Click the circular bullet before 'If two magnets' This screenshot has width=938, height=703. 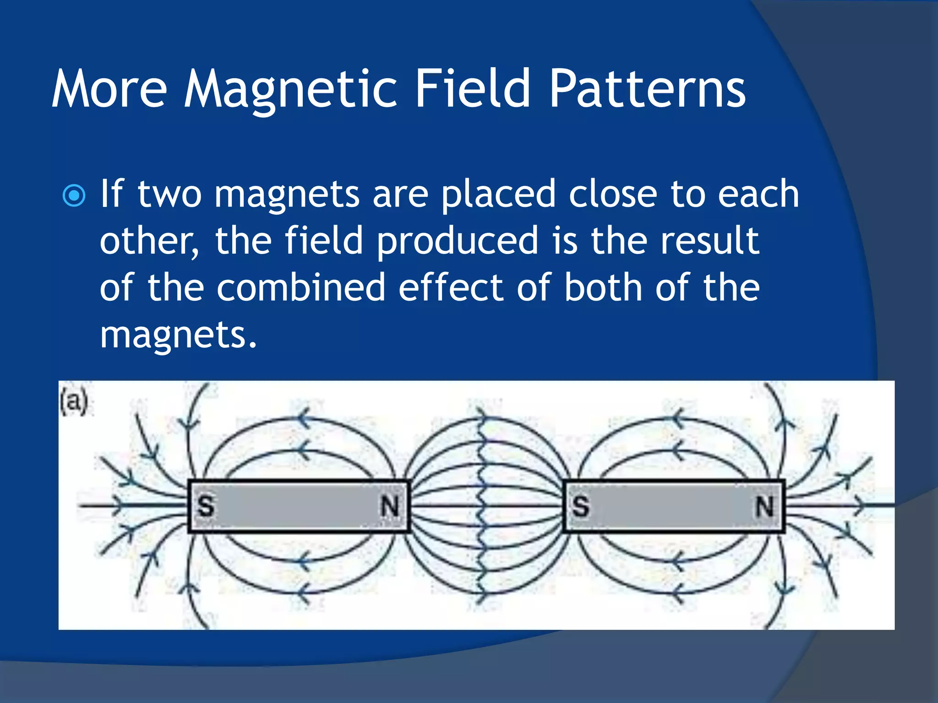pos(74,196)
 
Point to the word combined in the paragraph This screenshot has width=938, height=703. pos(301,287)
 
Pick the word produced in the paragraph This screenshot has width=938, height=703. pos(457,241)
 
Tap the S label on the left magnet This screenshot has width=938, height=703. pos(206,506)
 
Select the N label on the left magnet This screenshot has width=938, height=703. pos(390,506)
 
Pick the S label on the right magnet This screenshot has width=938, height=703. pos(580,506)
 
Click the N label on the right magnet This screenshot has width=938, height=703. pos(764,506)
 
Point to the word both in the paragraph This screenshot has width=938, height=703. pos(603,287)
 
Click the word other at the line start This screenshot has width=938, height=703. pos(149,241)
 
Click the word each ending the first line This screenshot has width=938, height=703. pos(758,194)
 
